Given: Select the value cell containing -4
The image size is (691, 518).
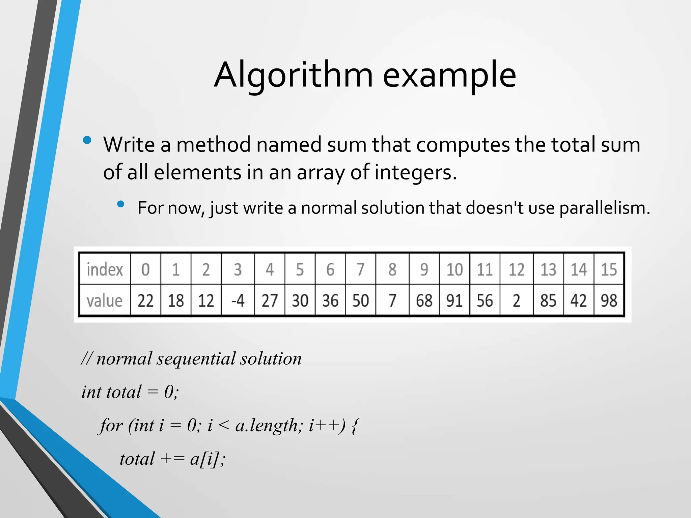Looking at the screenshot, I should click(238, 300).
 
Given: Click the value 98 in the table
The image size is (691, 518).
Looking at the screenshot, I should click(609, 300).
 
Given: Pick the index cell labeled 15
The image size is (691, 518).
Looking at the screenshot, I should click(609, 269).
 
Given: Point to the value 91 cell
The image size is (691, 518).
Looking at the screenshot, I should click(454, 300).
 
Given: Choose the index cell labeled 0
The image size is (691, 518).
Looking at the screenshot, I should click(145, 269).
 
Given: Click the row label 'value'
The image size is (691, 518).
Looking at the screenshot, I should click(104, 300).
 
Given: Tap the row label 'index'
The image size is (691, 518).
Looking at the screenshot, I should click(105, 269).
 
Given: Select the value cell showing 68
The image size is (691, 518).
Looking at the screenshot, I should click(424, 300).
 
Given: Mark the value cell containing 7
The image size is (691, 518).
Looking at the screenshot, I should click(392, 300).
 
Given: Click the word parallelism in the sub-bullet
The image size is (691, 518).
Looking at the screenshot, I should click(604, 208).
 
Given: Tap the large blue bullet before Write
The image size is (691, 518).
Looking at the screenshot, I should click(87, 140).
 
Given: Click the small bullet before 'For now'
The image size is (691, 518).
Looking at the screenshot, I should click(121, 204).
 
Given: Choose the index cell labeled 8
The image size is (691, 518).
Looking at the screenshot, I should click(392, 269).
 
